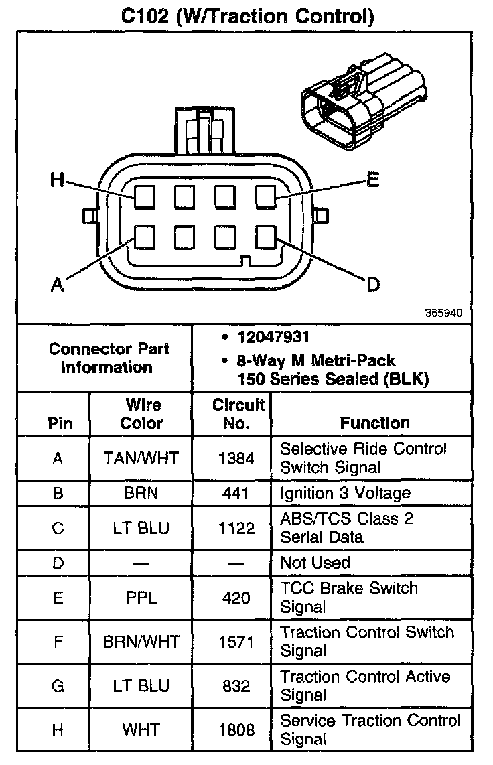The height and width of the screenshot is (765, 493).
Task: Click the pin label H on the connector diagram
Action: [x=58, y=180]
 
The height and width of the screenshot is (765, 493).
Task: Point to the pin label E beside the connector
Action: [x=372, y=180]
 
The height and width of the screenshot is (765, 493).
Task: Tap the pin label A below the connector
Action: [x=58, y=285]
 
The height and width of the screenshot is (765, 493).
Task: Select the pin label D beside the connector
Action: [x=372, y=285]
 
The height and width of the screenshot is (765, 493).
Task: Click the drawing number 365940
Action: [x=443, y=313]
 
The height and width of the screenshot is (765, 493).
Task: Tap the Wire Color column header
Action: [x=141, y=414]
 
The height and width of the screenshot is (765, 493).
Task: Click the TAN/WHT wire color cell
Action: [x=141, y=458]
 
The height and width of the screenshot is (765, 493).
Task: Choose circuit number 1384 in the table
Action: [x=236, y=458]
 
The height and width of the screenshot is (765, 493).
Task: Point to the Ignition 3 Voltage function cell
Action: [x=345, y=494]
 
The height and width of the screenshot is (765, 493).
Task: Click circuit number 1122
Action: [x=236, y=528]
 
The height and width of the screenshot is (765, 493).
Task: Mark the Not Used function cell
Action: [x=315, y=563]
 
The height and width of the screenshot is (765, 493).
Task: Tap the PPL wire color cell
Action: [x=141, y=597]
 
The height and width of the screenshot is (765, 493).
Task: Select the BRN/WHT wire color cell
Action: [x=141, y=641]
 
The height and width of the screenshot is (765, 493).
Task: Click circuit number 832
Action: [x=236, y=685]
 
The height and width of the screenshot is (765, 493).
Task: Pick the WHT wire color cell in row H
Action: [x=141, y=729]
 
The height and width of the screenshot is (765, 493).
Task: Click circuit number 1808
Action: [x=236, y=729]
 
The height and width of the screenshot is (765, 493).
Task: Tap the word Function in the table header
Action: [x=374, y=423]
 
